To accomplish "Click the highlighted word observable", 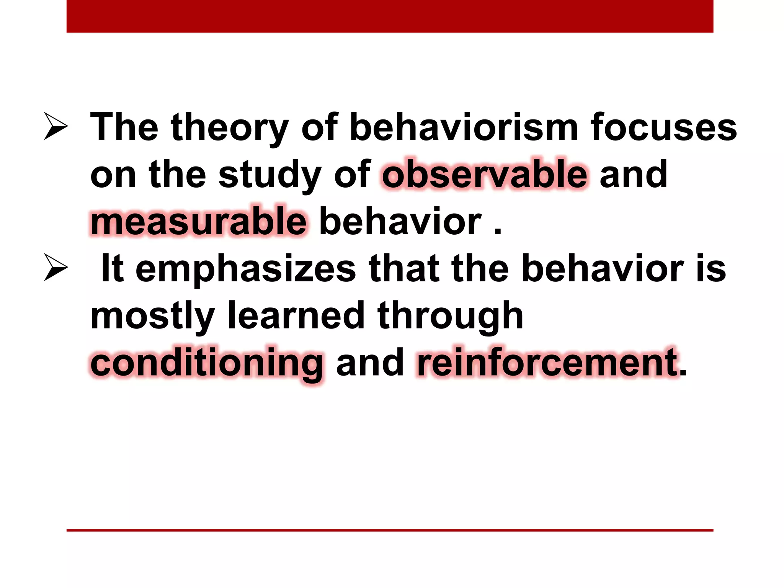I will coord(484,175).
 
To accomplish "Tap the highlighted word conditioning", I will coord(207,363).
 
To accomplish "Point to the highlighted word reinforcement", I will coord(547,362).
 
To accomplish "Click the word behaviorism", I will coord(464,127).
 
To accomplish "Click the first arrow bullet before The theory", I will coord(56,126).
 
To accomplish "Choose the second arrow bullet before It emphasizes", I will coord(56,267).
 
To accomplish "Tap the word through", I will coord(450,316).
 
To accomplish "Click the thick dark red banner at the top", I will coord(390,16).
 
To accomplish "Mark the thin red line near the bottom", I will coord(390,530).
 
